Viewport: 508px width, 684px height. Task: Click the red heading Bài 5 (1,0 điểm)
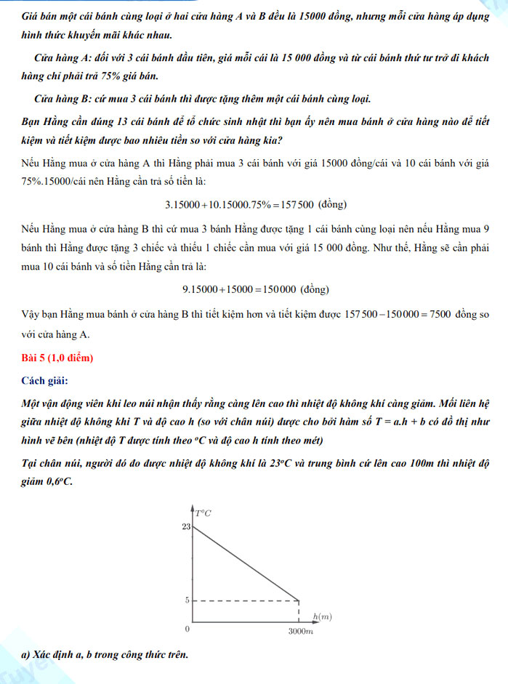point(57,358)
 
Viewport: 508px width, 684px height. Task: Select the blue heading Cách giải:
point(47,380)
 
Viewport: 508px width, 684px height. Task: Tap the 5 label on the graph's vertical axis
point(188,600)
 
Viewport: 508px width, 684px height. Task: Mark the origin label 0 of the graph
point(187,627)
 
